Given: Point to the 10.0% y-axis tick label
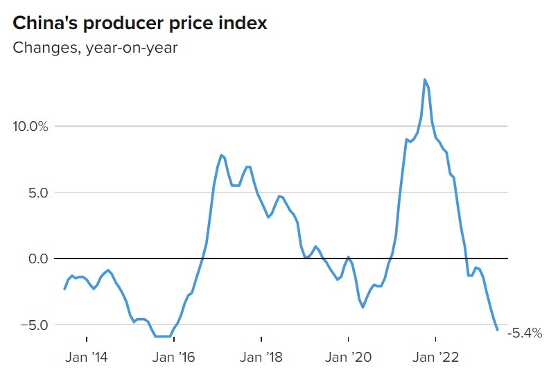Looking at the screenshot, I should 30,126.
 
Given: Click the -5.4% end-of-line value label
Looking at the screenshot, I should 525,333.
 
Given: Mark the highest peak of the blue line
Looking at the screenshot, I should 424,80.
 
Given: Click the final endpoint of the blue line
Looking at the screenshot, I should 497,330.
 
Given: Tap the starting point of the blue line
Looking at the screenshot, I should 64,289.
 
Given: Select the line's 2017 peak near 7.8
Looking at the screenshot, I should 221,155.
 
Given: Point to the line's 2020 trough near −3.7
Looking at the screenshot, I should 363,307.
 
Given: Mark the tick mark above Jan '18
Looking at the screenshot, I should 261,340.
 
